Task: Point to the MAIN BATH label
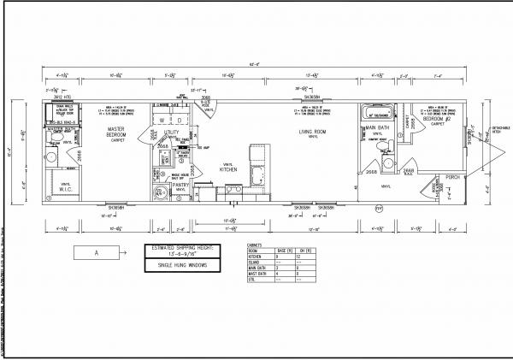click(x=378, y=127)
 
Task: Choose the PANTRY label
click(x=180, y=185)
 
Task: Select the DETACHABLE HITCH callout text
click(x=501, y=129)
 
